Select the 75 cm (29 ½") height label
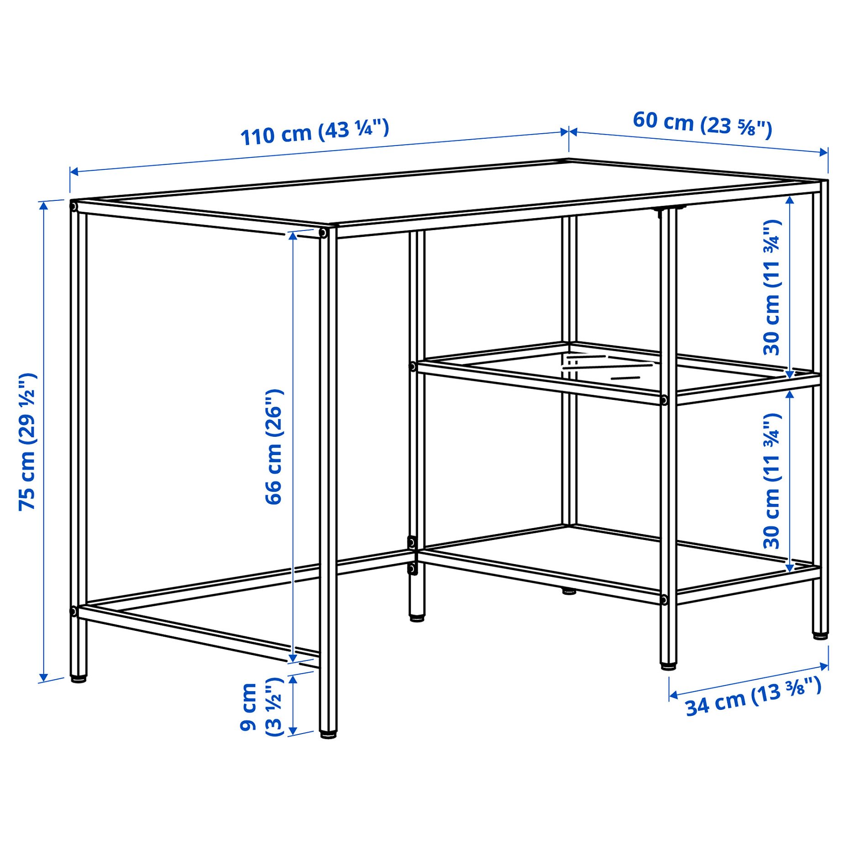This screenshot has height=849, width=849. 27,441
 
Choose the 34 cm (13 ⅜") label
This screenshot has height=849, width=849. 753,696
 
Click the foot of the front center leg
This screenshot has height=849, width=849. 328,735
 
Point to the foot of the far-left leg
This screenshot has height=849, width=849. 79,679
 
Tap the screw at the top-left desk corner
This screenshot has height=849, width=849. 73,207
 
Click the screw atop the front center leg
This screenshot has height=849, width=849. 323,233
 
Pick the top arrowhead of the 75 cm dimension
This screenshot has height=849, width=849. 44,205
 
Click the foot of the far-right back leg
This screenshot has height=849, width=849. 820,635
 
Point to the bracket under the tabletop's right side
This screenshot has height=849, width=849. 669,209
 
